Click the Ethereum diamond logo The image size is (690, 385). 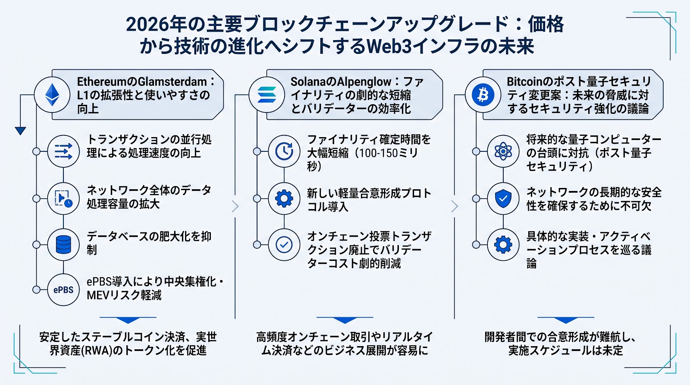click(x=52, y=94)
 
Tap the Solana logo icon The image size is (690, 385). click(x=267, y=94)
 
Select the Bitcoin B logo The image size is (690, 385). click(x=483, y=94)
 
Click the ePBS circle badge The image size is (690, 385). click(x=63, y=290)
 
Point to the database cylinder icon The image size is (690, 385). click(x=63, y=244)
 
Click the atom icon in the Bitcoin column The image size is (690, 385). click(x=503, y=151)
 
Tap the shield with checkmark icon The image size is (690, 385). click(x=503, y=199)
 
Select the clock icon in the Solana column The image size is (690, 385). click(x=284, y=151)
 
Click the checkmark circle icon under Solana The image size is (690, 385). click(x=284, y=245)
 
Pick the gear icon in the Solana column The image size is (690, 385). click(x=284, y=199)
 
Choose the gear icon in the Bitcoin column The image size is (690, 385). click(x=503, y=245)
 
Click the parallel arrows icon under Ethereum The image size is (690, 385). click(x=63, y=151)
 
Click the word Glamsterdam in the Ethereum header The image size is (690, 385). click(x=172, y=82)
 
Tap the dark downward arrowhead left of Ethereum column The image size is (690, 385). click(x=20, y=131)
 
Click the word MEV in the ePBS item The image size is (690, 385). click(x=97, y=295)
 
